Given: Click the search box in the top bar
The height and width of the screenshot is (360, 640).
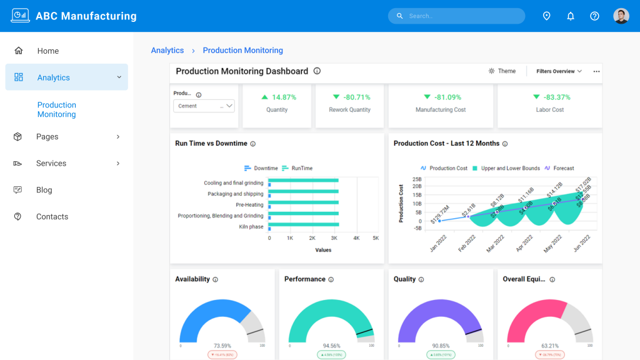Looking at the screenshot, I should click(x=456, y=16).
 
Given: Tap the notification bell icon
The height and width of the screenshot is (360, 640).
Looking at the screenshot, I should click(x=571, y=16).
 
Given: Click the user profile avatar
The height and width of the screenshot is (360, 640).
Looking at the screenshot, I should click(x=621, y=16).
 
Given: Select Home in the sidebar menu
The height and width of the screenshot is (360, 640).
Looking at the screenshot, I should click(x=47, y=51).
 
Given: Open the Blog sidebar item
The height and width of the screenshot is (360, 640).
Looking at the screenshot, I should click(x=44, y=190).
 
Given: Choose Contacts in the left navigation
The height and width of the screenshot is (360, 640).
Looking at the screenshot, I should click(x=52, y=217).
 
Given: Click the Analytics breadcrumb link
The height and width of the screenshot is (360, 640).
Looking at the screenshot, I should click(x=167, y=51).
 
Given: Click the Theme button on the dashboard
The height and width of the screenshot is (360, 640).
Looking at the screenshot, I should click(x=502, y=71).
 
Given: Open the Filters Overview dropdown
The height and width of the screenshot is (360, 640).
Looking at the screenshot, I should click(x=559, y=71).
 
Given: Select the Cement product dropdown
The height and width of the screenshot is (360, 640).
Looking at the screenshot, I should click(x=204, y=106).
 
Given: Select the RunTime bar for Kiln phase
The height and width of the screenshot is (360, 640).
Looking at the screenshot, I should click(x=304, y=224).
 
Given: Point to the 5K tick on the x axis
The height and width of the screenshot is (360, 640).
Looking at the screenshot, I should click(x=376, y=238).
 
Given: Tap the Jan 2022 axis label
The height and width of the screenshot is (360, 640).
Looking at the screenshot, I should click(x=437, y=243).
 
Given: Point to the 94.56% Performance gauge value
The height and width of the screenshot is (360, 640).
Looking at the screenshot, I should click(x=331, y=346).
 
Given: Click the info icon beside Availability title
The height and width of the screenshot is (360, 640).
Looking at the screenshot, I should click(x=216, y=279).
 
